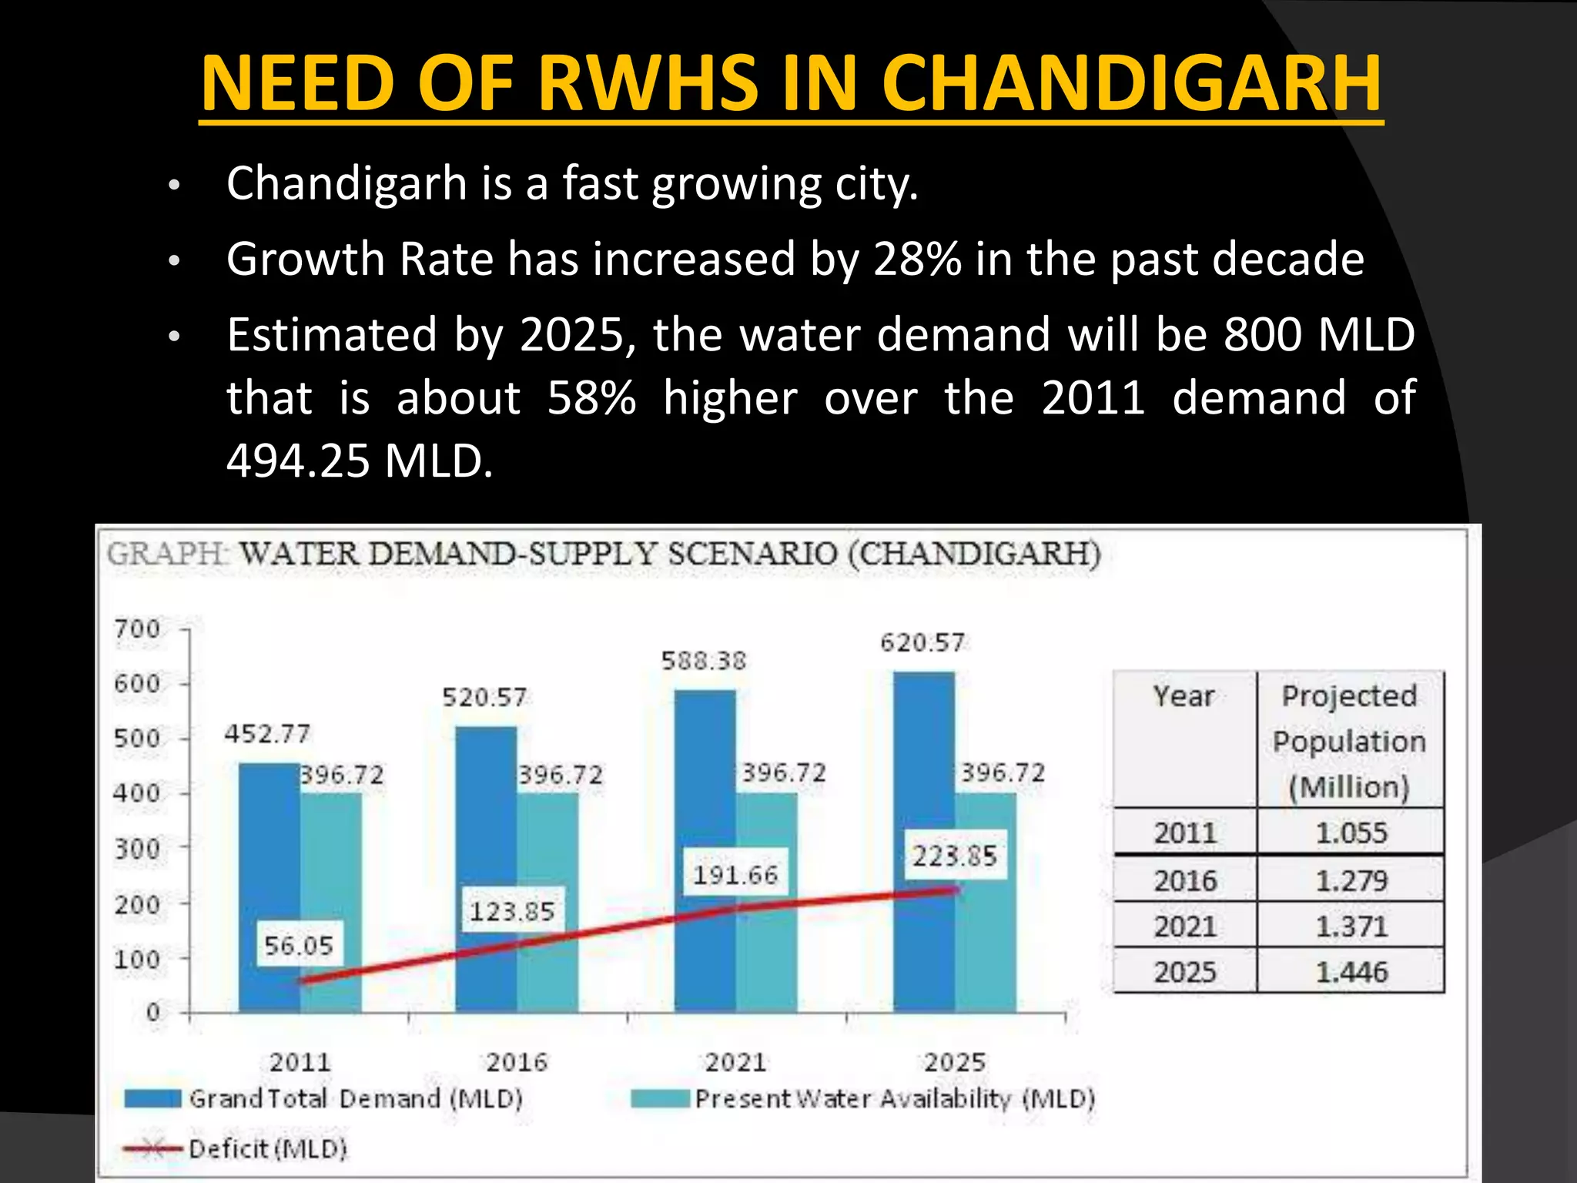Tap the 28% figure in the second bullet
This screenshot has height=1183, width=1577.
pyautogui.click(x=916, y=259)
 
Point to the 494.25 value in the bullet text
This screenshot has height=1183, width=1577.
pyautogui.click(x=298, y=461)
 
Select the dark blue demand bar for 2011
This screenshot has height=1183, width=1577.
pyautogui.click(x=269, y=886)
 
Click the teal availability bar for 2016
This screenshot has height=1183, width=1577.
pyautogui.click(x=547, y=901)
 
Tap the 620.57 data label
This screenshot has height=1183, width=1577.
pyautogui.click(x=922, y=642)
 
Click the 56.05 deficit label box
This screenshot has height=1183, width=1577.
pyautogui.click(x=299, y=945)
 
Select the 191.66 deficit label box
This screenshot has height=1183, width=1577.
pyautogui.click(x=735, y=875)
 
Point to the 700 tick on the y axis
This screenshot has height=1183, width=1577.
pyautogui.click(x=137, y=629)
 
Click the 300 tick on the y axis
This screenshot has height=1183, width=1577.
pyautogui.click(x=137, y=849)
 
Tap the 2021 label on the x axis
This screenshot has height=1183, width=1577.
pyautogui.click(x=735, y=1063)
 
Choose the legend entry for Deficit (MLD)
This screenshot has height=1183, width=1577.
pyautogui.click(x=266, y=1148)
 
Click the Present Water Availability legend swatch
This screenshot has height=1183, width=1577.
pyautogui.click(x=659, y=1098)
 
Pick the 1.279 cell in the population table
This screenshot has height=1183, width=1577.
pyautogui.click(x=1351, y=880)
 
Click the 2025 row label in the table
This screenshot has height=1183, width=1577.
pyautogui.click(x=1184, y=972)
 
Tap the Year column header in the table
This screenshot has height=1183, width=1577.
pyautogui.click(x=1184, y=696)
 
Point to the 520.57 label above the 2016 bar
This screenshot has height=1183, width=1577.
pyautogui.click(x=484, y=697)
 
